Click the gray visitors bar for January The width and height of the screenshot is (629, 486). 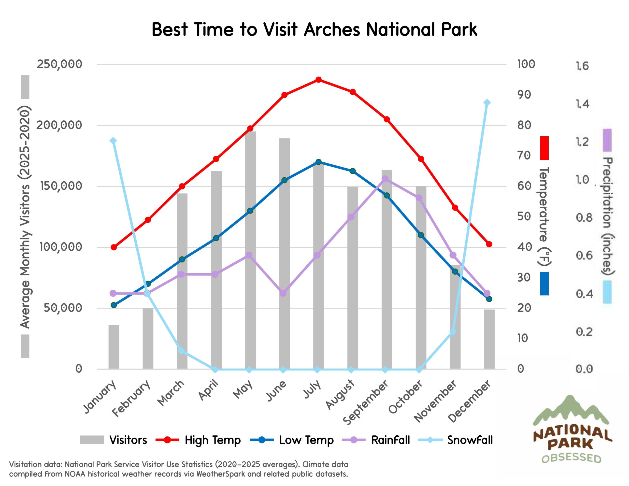click(114, 347)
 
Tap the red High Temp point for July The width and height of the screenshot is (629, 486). click(318, 80)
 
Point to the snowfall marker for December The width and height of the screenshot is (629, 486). click(487, 102)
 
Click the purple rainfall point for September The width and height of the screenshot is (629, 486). click(385, 179)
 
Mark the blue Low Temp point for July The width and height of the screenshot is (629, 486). click(318, 162)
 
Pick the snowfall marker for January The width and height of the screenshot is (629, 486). click(114, 141)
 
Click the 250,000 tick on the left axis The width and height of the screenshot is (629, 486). click(59, 64)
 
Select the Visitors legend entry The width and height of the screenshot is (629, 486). click(128, 440)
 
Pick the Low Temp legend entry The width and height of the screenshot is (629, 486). click(306, 440)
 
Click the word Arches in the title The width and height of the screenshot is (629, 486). click(332, 30)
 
